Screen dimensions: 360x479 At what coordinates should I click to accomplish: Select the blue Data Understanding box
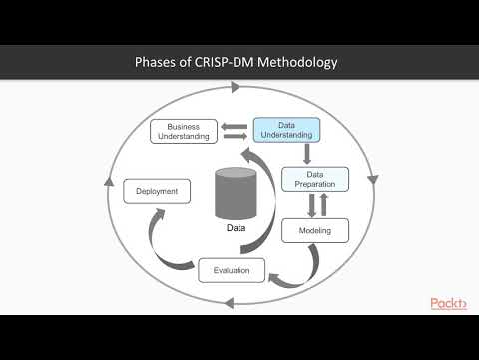coord(285,130)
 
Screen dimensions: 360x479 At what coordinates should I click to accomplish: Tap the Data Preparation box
coord(315,179)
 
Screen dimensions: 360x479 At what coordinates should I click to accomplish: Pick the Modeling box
coord(314,231)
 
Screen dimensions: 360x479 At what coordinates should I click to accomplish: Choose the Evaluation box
coord(232,270)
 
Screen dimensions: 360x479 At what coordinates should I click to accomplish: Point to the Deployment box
coord(157,190)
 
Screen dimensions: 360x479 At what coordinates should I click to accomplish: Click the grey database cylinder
coord(237,194)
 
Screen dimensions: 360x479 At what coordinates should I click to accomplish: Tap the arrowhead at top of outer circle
coord(237,88)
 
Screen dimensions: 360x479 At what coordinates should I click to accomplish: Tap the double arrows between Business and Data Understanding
coord(236,130)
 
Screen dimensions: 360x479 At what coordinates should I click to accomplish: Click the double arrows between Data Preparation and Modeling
coord(315,205)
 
